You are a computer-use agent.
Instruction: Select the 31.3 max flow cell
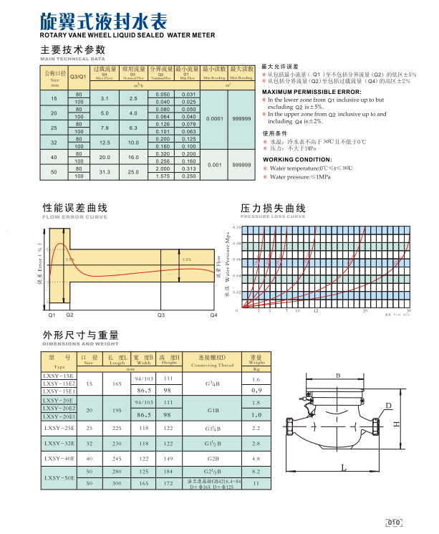104,172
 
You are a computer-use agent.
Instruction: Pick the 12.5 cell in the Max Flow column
104,143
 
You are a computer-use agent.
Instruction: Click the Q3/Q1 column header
78,76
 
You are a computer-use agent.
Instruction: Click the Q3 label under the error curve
160,315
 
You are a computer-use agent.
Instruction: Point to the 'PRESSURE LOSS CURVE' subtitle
272,216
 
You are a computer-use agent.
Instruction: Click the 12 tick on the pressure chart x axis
316,312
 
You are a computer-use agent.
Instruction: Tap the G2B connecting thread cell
213,459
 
